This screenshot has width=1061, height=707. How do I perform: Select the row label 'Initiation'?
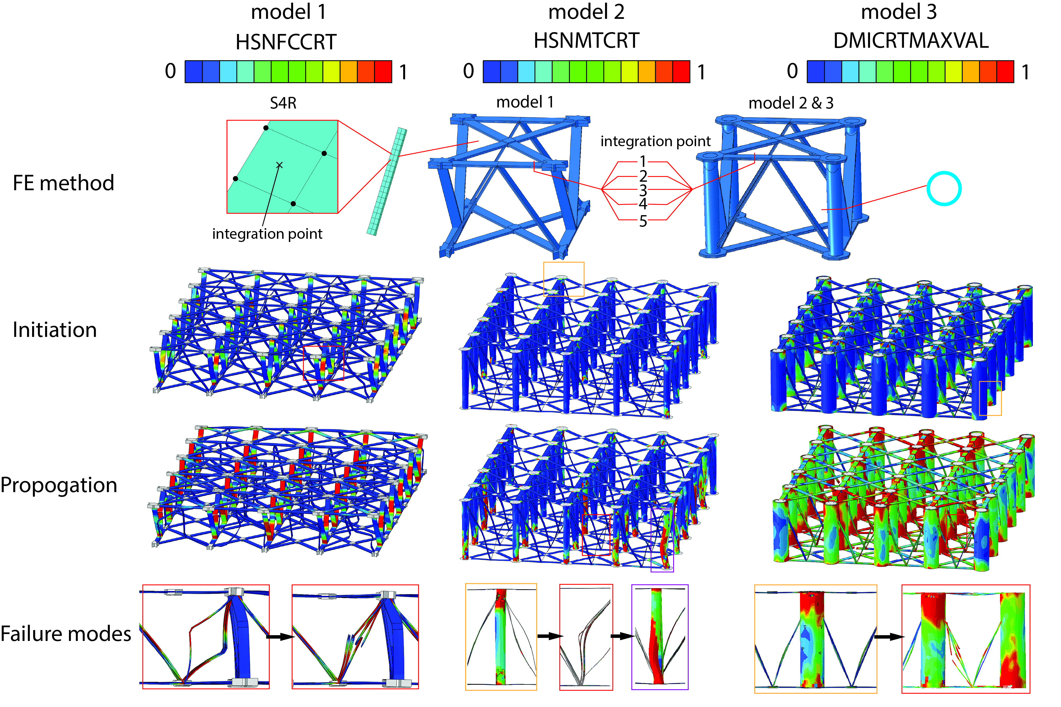coord(55,329)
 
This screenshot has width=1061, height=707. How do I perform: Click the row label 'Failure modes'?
coord(66,634)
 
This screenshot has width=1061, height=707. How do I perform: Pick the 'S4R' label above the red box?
coord(283,103)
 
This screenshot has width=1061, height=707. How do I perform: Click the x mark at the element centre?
coord(279,165)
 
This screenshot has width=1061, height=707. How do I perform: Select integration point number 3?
coord(643,190)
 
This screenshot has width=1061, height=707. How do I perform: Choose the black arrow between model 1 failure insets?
coord(280,637)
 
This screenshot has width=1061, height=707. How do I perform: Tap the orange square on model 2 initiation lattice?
coord(563,279)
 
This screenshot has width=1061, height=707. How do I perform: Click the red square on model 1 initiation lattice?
coord(323,363)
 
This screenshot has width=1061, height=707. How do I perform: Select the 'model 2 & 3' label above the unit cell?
coord(790,103)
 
